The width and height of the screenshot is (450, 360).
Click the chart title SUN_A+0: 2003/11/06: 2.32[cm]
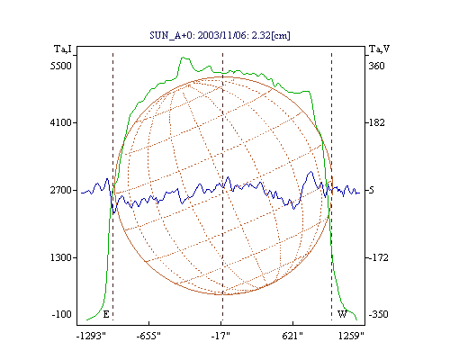click(x=220, y=35)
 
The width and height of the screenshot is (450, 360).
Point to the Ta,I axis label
click(x=63, y=49)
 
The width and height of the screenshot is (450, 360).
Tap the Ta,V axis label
click(x=379, y=49)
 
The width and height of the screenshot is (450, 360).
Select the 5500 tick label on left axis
click(x=61, y=66)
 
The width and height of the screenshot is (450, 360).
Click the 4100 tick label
click(x=61, y=122)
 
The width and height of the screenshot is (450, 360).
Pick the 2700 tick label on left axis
click(x=61, y=190)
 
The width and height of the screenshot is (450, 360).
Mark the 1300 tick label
click(x=61, y=257)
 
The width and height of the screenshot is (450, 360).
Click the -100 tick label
click(x=62, y=314)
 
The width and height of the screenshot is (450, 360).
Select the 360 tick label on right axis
click(x=376, y=66)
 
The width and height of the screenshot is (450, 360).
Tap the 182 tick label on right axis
click(x=376, y=122)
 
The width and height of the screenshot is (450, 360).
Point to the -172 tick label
click(x=378, y=257)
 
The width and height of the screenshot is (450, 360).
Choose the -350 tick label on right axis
click(x=378, y=314)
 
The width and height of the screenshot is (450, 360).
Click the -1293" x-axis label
click(x=91, y=336)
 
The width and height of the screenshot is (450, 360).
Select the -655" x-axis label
click(x=148, y=336)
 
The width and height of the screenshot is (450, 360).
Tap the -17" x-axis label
click(x=220, y=336)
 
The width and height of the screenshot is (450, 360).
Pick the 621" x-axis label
click(x=292, y=336)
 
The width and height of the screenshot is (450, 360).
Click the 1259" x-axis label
click(x=351, y=336)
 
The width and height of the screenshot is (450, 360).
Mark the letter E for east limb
click(x=106, y=314)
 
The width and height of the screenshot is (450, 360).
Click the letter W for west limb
click(x=342, y=314)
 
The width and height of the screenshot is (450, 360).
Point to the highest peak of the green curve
click(x=183, y=57)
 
